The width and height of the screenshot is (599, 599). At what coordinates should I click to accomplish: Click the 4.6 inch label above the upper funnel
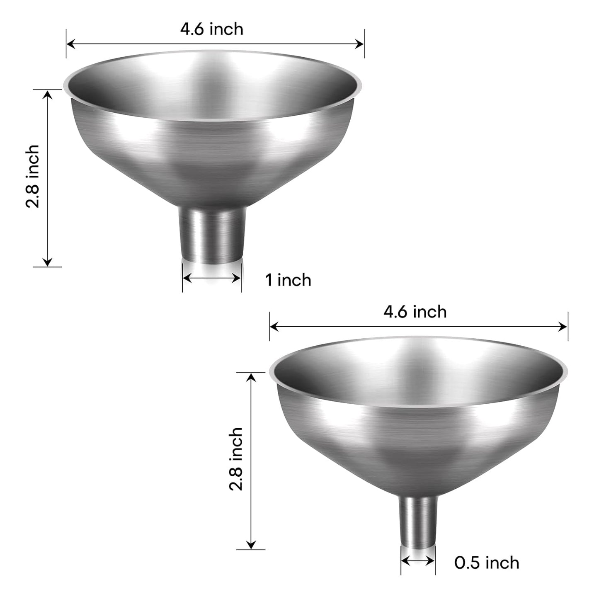coord(211,29)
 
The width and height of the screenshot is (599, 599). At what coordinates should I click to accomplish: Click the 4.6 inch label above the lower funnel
coord(415,312)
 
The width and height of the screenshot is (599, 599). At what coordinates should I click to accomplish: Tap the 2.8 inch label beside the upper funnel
coord(33,176)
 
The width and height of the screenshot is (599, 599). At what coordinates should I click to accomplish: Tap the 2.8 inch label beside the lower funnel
coord(236,459)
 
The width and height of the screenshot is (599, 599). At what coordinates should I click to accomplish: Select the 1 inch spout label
coord(288,280)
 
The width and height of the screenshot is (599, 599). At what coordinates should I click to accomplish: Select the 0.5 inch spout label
coord(487,563)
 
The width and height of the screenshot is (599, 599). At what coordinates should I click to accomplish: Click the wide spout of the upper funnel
coord(212,234)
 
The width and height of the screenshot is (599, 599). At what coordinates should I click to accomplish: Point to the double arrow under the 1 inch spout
coord(212,278)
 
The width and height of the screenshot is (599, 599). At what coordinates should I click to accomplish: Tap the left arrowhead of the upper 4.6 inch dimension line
coord(70,44)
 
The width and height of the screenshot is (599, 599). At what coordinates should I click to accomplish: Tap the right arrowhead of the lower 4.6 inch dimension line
coord(563,327)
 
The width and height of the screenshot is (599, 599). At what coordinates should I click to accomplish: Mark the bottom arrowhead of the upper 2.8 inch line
coord(48,262)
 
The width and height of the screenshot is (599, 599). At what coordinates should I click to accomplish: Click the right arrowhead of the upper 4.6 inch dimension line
coord(360,44)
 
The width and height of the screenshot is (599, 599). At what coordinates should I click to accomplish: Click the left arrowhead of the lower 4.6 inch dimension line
coord(274,327)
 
